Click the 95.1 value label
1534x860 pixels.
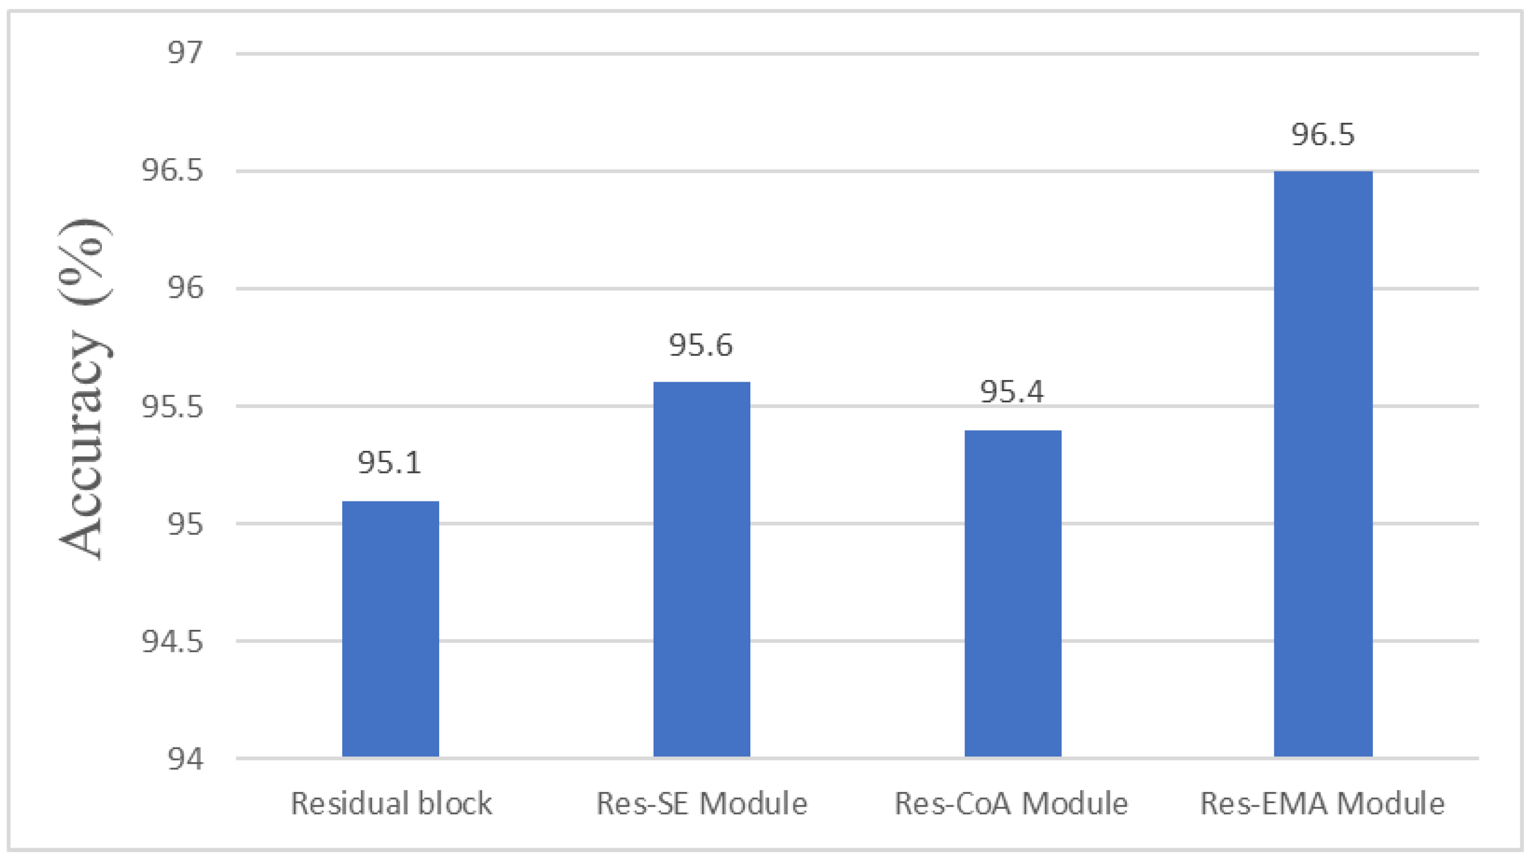(390, 463)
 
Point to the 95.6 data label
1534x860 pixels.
(700, 346)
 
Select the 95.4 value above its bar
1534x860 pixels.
(1012, 392)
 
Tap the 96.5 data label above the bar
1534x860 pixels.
(1322, 135)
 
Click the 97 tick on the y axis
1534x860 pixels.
(185, 53)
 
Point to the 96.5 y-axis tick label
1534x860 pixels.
(172, 171)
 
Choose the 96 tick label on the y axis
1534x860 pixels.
(185, 288)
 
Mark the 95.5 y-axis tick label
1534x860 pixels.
(172, 406)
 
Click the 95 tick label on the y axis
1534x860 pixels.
(185, 524)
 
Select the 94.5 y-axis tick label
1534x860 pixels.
(172, 642)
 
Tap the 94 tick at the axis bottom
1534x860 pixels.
(185, 759)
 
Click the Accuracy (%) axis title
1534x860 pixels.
(83, 388)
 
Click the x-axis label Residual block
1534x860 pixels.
(391, 803)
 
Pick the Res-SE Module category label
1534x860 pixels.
(701, 803)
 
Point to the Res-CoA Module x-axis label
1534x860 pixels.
(1011, 803)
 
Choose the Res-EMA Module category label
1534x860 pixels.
(1322, 803)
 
